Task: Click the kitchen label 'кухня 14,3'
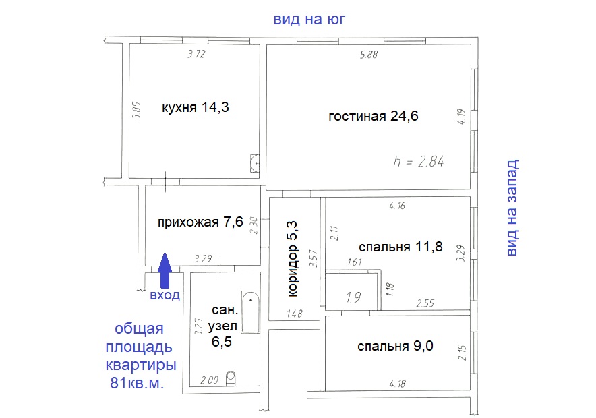click(x=196, y=107)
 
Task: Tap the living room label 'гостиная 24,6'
click(x=374, y=116)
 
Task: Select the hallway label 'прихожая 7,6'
click(x=200, y=222)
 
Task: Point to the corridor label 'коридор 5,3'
click(x=293, y=259)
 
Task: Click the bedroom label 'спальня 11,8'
click(x=400, y=247)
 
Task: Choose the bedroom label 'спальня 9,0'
click(x=395, y=346)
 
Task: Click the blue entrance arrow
click(x=165, y=270)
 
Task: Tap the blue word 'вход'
click(x=165, y=295)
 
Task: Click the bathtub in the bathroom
click(x=251, y=312)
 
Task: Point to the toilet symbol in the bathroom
click(x=231, y=378)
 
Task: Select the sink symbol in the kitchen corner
click(x=255, y=163)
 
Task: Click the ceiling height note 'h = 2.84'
click(x=418, y=162)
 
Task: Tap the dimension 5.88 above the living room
click(x=369, y=55)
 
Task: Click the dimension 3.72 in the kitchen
click(x=196, y=54)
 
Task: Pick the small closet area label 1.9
click(x=353, y=297)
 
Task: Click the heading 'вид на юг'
click(x=309, y=19)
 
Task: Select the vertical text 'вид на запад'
click(x=512, y=208)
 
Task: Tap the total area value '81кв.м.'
click(x=138, y=383)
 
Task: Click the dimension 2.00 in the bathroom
click(x=210, y=380)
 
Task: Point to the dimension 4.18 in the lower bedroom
click(x=398, y=384)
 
